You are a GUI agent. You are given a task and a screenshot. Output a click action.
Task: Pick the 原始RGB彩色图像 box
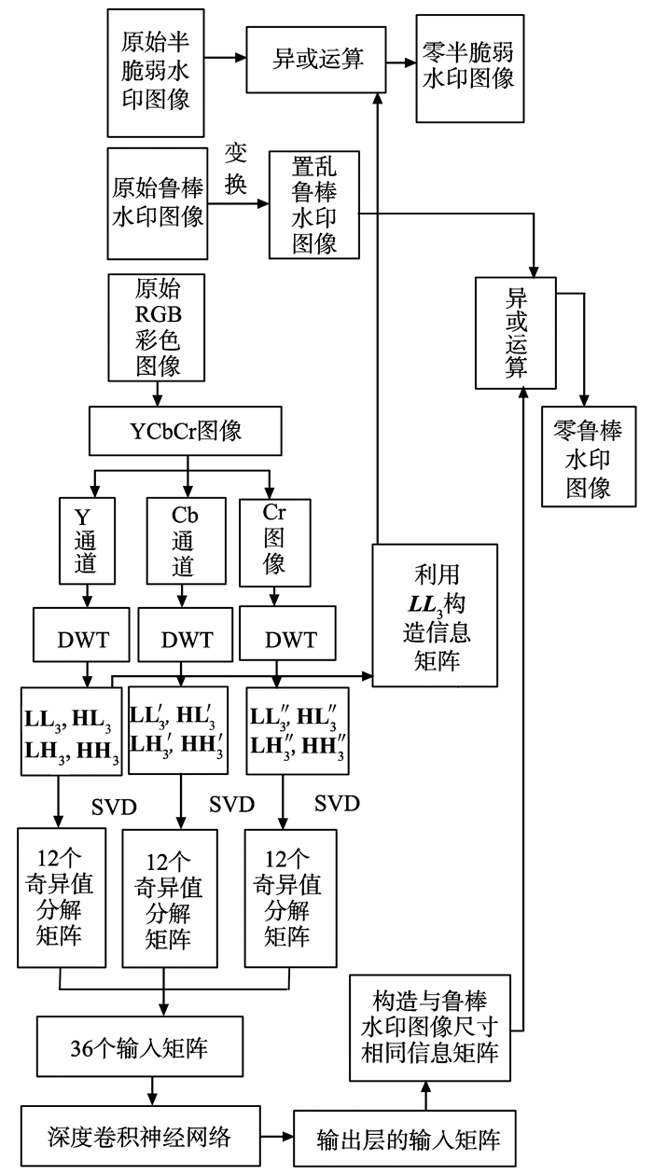[x=156, y=326]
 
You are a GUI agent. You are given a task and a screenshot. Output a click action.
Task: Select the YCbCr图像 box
[x=187, y=432]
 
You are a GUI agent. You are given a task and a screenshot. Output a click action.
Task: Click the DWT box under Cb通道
[x=186, y=642]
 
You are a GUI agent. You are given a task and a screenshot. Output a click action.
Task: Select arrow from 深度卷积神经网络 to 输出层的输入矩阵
[x=275, y=1138]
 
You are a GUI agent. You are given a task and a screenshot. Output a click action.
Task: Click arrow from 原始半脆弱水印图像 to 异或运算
[x=226, y=58]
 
